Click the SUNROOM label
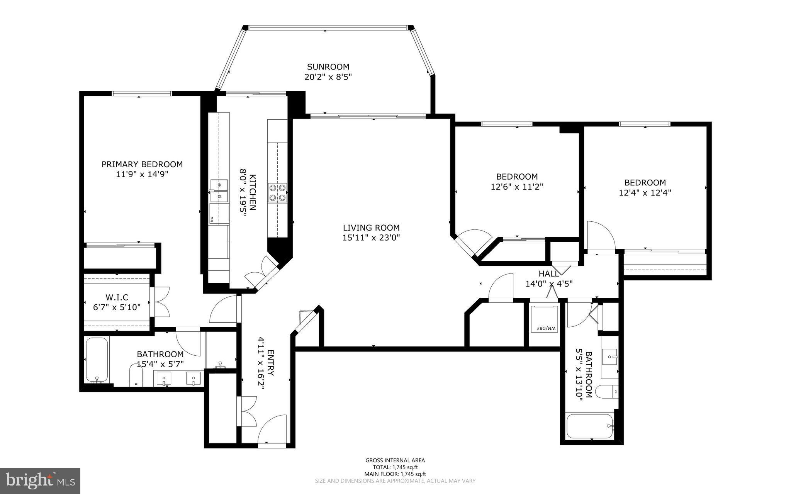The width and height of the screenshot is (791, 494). pos(328,67)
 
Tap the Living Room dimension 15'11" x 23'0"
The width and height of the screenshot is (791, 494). pos(371,238)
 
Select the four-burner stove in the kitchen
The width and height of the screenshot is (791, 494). pos(278,192)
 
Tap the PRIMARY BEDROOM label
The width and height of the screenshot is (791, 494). pos(142,164)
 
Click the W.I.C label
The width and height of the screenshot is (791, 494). pos(117,297)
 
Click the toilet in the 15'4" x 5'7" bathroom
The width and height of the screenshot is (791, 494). pos(136,377)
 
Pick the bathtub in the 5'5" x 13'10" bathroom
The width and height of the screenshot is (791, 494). pos(590,426)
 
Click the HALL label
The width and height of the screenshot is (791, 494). pos(548,274)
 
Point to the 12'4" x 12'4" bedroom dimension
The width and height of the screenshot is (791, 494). pos(645,193)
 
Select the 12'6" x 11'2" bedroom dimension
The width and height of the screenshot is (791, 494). pos(517,187)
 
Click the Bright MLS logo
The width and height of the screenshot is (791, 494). pos(40,480)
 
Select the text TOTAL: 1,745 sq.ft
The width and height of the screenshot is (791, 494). pos(395,467)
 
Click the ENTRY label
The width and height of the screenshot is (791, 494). pos(270,363)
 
